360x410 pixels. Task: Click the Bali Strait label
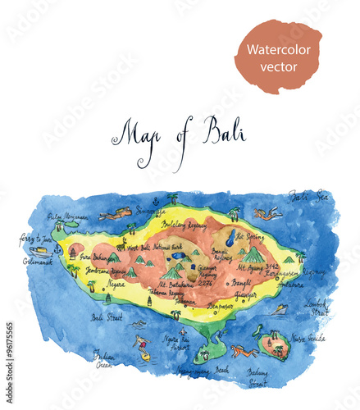tap(107, 317)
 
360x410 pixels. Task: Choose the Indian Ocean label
tap(103, 358)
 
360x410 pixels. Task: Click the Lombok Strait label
tap(317, 307)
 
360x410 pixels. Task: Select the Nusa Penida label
tap(309, 338)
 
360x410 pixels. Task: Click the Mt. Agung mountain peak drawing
tap(253, 255)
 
